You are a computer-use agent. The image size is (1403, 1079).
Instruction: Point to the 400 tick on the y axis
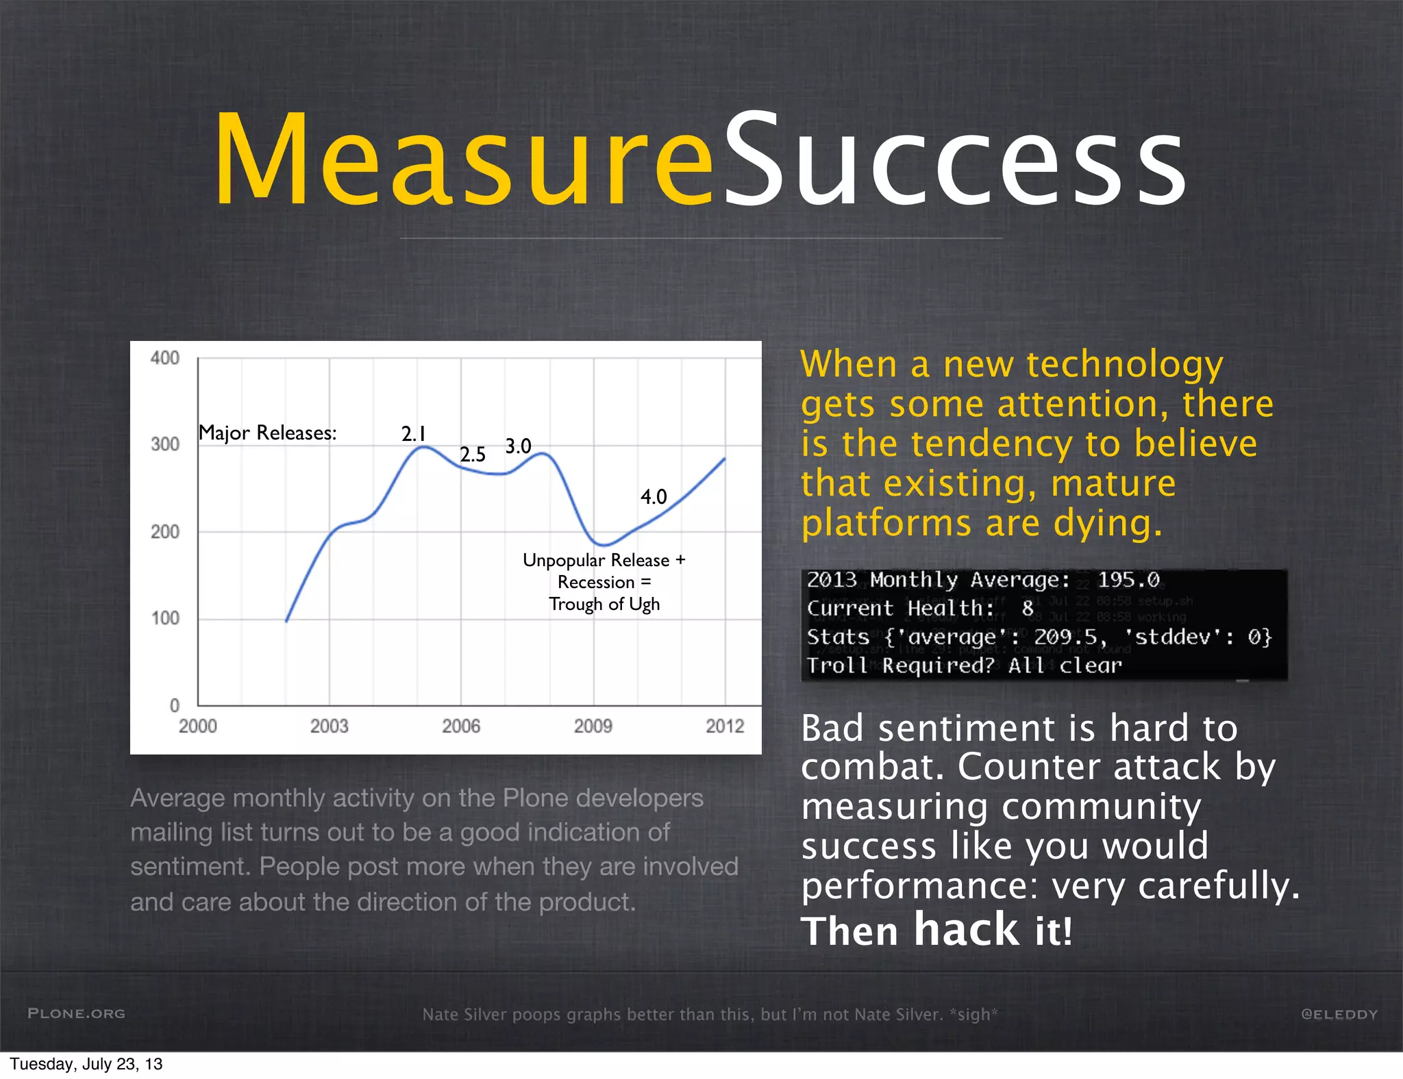click(x=165, y=358)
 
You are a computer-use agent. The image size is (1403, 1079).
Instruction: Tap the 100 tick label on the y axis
click(x=165, y=618)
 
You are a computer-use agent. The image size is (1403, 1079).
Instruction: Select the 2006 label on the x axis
click(x=461, y=726)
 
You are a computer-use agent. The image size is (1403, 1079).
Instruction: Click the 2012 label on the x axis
click(x=725, y=726)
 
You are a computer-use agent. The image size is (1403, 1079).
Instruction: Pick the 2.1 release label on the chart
click(x=414, y=433)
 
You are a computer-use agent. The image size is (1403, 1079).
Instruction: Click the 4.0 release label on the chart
click(x=654, y=497)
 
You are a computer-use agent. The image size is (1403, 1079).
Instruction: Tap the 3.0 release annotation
click(x=519, y=446)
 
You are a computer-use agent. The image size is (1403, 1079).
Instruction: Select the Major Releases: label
click(x=267, y=433)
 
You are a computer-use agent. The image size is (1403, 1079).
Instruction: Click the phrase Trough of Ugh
click(x=604, y=604)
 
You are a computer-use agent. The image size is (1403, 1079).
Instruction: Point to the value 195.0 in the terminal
click(x=1128, y=580)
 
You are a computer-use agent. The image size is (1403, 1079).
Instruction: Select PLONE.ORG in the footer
click(x=76, y=1013)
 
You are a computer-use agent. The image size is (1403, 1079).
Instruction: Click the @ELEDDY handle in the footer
click(x=1339, y=1014)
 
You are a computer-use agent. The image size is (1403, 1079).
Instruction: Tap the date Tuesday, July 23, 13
click(x=86, y=1064)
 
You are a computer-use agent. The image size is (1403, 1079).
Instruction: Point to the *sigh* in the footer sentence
click(x=973, y=1014)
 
